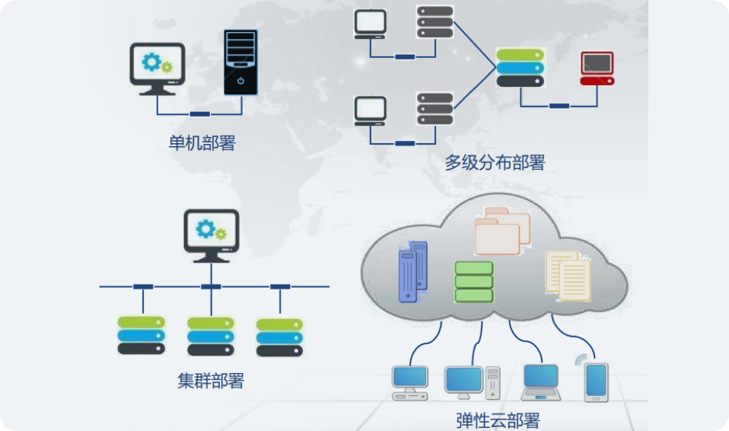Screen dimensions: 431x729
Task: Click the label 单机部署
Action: (x=202, y=143)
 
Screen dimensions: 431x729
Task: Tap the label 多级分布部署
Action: (x=495, y=162)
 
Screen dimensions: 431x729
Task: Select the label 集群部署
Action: (x=211, y=381)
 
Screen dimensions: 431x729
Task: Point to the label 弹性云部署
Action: (x=498, y=420)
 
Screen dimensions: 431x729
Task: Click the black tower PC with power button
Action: (x=240, y=62)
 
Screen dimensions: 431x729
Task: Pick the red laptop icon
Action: (x=597, y=69)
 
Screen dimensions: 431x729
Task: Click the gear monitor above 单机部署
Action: (x=158, y=66)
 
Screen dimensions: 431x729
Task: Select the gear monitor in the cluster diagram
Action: (x=212, y=234)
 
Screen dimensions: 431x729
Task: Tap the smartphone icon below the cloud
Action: (x=596, y=381)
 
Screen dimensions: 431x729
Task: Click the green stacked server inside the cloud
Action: (x=474, y=282)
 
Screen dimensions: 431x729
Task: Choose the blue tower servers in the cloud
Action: (x=412, y=270)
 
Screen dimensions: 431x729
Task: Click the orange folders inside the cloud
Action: (x=501, y=232)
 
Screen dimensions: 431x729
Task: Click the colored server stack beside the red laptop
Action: (x=520, y=67)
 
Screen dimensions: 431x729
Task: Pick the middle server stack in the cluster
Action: (x=211, y=336)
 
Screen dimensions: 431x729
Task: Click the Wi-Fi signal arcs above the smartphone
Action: (x=582, y=359)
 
